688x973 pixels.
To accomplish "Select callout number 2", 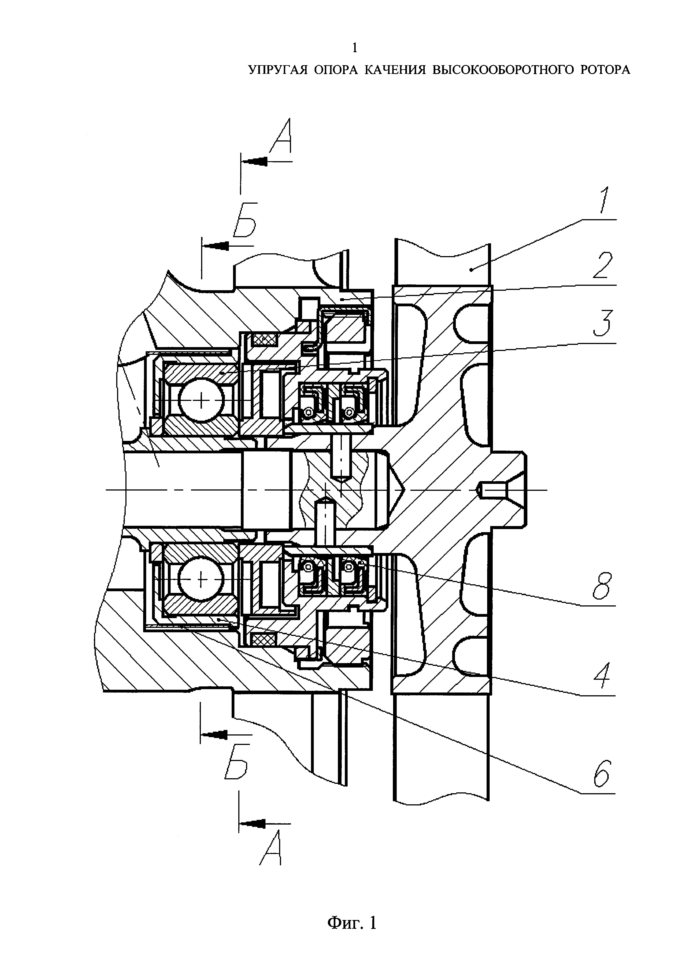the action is [x=603, y=265].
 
